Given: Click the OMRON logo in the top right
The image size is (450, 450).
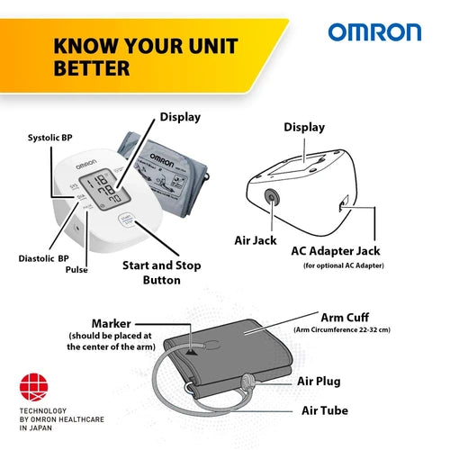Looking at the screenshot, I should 374,33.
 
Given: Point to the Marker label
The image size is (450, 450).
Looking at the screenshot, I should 112,323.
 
